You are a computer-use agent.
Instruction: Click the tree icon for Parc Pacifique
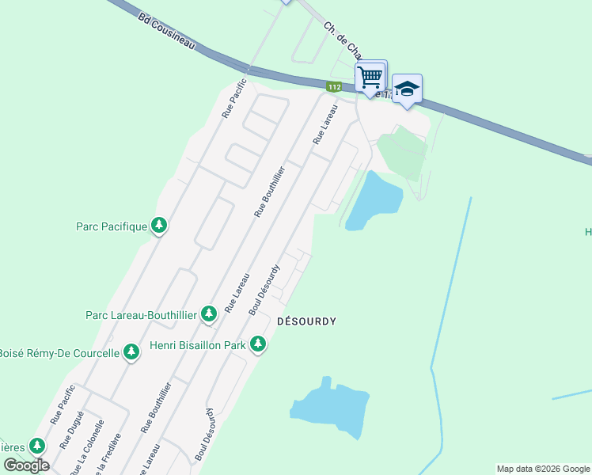point(159,226)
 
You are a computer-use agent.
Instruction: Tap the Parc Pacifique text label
point(112,227)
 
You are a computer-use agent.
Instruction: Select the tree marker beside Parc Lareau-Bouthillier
point(209,314)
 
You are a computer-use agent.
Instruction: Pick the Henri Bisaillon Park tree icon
point(257,344)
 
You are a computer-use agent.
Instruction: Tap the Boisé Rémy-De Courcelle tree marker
point(131,352)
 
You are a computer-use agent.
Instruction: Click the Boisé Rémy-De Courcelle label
point(59,353)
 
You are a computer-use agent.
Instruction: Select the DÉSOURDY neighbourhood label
point(306,321)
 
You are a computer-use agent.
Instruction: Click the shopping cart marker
point(370,78)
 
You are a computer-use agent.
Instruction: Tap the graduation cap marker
point(407,89)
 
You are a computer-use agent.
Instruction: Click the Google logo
point(26,465)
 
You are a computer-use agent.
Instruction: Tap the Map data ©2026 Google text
point(542,469)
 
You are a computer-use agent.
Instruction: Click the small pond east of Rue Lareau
point(374,199)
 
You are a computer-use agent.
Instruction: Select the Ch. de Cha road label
point(342,40)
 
